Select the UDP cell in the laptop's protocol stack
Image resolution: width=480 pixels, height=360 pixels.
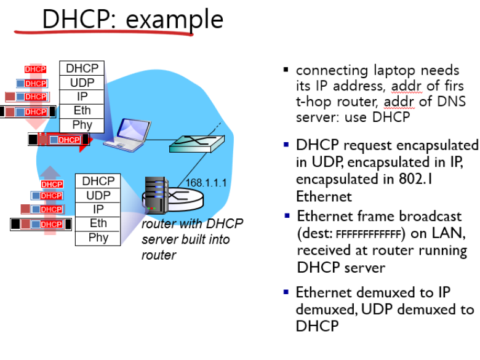pyautogui.click(x=82, y=82)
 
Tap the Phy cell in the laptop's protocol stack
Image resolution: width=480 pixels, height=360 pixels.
pyautogui.click(x=82, y=125)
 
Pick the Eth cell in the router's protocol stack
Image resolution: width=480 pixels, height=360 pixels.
pyautogui.click(x=98, y=223)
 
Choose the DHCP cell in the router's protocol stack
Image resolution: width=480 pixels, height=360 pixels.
pyautogui.click(x=98, y=181)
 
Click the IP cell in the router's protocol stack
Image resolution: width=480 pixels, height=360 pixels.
pyautogui.click(x=98, y=209)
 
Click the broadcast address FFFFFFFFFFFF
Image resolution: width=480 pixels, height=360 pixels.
pyautogui.click(x=367, y=234)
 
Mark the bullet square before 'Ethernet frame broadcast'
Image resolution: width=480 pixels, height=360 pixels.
pyautogui.click(x=287, y=217)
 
